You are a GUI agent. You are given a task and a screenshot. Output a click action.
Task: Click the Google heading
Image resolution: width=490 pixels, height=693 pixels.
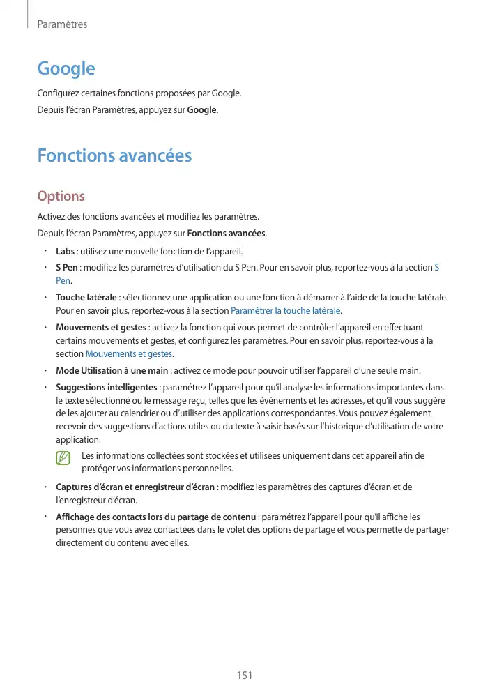(x=66, y=68)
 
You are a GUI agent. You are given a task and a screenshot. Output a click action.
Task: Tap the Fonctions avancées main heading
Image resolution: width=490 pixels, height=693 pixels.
(x=114, y=155)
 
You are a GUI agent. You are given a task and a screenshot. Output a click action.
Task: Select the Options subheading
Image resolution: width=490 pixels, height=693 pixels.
(x=61, y=196)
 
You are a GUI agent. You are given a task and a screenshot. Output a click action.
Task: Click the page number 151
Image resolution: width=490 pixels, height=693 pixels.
(x=244, y=675)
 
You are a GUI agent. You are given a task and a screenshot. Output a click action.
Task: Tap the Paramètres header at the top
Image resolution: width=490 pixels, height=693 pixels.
(x=62, y=24)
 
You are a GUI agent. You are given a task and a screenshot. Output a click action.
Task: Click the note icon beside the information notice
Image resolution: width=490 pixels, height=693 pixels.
(x=64, y=457)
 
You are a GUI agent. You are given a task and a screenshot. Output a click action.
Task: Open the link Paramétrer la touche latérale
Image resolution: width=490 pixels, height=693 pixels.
(x=285, y=310)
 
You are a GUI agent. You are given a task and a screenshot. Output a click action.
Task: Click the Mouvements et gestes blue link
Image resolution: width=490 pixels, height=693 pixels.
(x=129, y=353)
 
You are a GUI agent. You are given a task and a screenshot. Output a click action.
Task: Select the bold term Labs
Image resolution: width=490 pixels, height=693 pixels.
(x=65, y=251)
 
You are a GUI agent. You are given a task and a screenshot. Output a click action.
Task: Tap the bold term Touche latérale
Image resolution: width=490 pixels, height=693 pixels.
(x=86, y=298)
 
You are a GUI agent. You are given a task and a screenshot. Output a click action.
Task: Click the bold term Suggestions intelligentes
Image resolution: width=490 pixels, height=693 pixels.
(x=106, y=387)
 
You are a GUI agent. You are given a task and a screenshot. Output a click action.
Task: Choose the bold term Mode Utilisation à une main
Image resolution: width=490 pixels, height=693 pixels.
(x=112, y=370)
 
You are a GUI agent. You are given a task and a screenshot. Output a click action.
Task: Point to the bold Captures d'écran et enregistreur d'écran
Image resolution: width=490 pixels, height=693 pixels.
(x=135, y=487)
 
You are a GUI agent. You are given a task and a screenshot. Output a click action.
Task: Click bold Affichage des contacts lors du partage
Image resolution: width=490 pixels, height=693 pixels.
(x=156, y=517)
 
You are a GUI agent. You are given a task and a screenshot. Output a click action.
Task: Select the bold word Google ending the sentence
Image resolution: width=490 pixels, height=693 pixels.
(x=202, y=110)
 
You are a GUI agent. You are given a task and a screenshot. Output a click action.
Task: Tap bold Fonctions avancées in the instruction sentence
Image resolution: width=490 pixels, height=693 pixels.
(x=227, y=233)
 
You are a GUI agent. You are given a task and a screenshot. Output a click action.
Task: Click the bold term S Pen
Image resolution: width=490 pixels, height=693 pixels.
(x=66, y=268)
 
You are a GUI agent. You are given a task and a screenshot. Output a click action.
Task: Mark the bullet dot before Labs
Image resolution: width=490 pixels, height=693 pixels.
(x=44, y=251)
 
